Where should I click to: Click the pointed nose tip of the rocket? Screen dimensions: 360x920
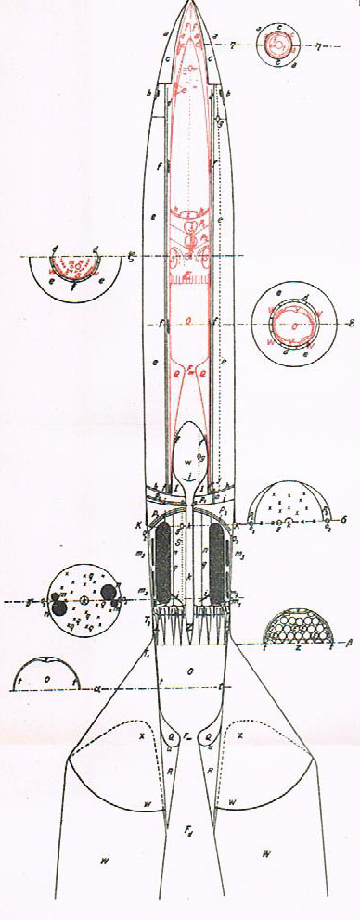click(192, 4)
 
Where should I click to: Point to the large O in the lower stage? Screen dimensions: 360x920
click(188, 669)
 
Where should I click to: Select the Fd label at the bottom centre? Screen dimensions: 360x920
click(188, 837)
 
